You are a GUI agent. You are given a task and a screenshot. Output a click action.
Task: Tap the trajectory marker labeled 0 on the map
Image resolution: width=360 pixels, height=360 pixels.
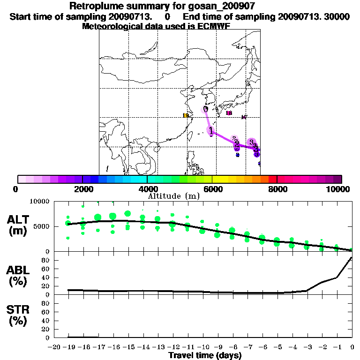click(205, 109)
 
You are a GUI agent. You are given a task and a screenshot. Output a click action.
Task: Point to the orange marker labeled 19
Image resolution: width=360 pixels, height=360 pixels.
click(186, 116)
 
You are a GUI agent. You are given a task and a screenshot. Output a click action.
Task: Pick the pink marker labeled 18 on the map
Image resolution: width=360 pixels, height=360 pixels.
click(229, 113)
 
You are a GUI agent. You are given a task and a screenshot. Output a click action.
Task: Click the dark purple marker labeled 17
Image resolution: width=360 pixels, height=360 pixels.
click(244, 117)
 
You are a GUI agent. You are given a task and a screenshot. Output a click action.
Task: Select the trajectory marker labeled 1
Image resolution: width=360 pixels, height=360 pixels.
click(211, 130)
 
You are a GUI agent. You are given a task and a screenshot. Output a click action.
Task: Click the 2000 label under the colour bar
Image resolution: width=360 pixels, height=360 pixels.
click(82, 189)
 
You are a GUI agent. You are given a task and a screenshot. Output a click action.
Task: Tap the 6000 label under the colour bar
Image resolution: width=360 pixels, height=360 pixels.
click(212, 189)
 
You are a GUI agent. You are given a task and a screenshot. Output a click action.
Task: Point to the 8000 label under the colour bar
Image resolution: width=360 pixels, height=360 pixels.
click(277, 189)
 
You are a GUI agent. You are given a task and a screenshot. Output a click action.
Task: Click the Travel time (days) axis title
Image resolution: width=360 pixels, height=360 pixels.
click(205, 356)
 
